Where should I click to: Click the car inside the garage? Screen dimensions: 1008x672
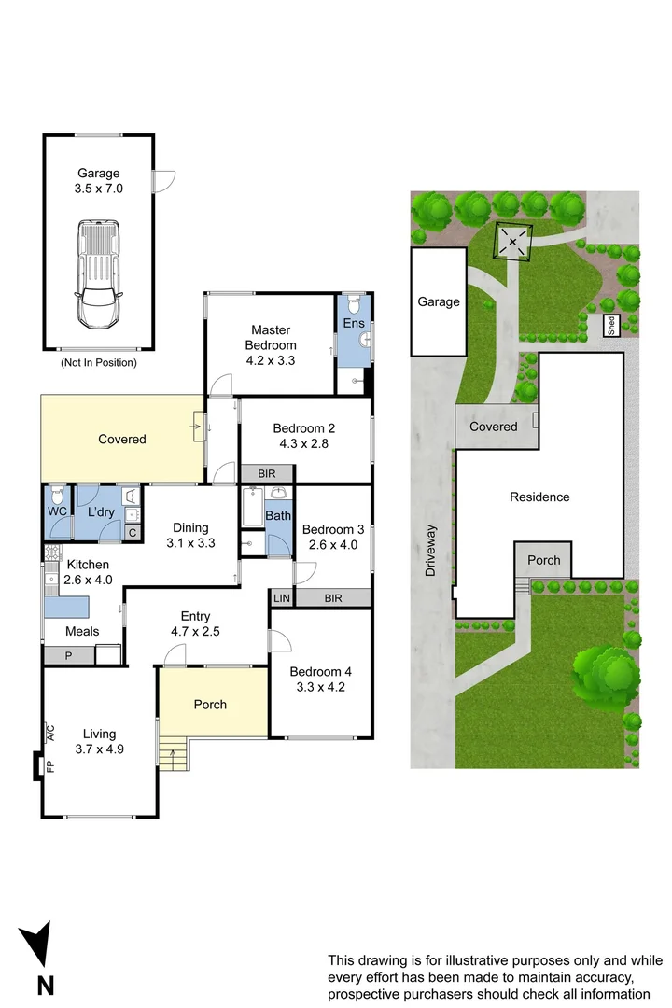98,273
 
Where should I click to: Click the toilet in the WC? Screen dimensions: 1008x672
56,496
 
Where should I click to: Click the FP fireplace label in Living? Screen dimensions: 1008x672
51,766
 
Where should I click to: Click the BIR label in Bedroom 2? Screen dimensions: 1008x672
265,473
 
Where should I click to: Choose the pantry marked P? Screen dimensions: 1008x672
69,656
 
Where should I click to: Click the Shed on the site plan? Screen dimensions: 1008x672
611,326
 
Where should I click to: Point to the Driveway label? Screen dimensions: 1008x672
430,551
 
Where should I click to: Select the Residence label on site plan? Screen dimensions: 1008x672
539,497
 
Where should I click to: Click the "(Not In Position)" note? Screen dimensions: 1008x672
98,362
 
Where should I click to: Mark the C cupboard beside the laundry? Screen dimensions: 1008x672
132,533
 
